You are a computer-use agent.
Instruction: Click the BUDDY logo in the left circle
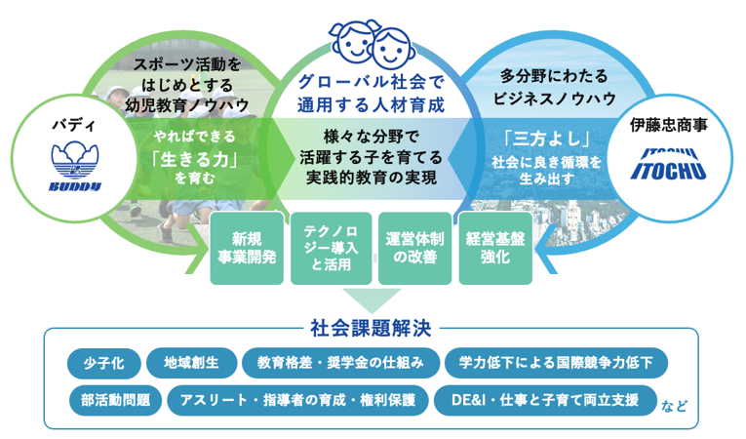[x=75, y=167]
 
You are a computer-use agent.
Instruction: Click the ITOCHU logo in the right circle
[x=668, y=164]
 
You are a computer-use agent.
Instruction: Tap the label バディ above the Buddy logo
[x=74, y=125]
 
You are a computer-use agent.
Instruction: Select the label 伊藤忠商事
[x=668, y=125]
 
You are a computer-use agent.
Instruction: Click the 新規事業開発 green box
[x=247, y=248]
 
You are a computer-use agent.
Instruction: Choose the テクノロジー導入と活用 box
[x=332, y=248]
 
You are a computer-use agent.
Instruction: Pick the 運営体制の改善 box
[x=414, y=248]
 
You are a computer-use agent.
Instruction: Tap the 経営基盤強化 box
[x=495, y=248]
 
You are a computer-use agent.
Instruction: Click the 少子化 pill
[x=104, y=363]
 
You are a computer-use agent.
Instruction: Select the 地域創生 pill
[x=191, y=363]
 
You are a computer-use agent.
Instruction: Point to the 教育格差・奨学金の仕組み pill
[x=340, y=363]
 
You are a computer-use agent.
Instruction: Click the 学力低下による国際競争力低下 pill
[x=556, y=363]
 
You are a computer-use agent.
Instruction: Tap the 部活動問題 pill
[x=116, y=400]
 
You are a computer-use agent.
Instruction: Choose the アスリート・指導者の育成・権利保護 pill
[x=297, y=400]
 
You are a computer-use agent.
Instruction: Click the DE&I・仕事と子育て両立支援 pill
[x=545, y=400]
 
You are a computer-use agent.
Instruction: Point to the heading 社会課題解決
[x=372, y=328]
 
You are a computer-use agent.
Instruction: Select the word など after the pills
[x=674, y=406]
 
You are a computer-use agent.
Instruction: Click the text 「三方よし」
[x=547, y=139]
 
